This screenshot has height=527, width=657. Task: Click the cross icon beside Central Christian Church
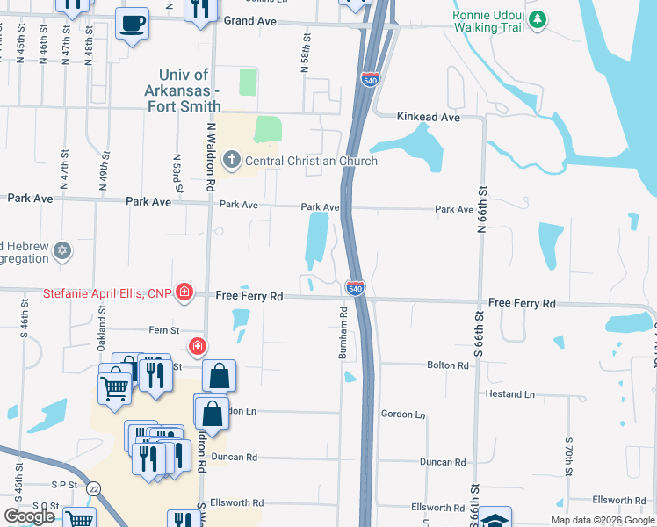[232, 160]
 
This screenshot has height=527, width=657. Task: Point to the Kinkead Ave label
[429, 117]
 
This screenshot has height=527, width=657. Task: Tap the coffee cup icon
[132, 23]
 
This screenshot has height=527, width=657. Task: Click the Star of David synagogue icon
[61, 252]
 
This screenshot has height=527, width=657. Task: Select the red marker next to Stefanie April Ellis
[184, 292]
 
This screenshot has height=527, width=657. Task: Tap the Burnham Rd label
[343, 333]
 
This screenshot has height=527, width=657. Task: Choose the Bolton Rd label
[448, 365]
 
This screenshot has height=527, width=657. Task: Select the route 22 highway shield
[93, 488]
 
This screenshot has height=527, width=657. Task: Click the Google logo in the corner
[29, 516]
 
